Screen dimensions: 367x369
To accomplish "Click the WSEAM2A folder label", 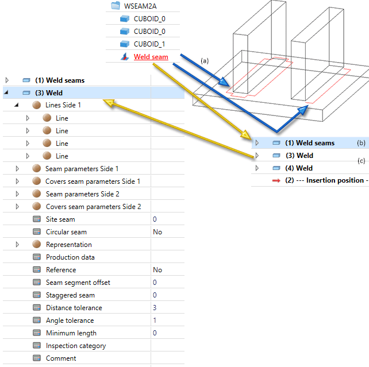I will pos(141,6).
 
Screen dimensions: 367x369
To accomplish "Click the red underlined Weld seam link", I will pos(151,56).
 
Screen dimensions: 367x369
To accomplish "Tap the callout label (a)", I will pos(205,60).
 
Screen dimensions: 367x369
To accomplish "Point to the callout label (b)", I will pos(361,143).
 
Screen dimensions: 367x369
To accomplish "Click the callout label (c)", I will pos(361,161).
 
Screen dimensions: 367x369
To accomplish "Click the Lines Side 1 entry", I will pos(63,105).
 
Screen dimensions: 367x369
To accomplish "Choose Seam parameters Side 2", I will pos(82,194).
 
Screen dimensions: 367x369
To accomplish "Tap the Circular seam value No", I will pos(157,232).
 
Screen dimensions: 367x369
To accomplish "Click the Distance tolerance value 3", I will pos(155,308).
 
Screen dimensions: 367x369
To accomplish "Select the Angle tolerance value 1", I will pos(155,320).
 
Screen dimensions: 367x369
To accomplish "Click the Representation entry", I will pos(68,245).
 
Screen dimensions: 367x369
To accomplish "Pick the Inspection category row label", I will pos(76,346).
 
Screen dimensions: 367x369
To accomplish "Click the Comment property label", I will pos(61,358).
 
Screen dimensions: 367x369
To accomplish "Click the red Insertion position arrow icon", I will pos(276,180).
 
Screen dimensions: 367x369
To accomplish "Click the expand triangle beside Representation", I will pos(17,245).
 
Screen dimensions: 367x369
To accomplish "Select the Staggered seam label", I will pos(70,295).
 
